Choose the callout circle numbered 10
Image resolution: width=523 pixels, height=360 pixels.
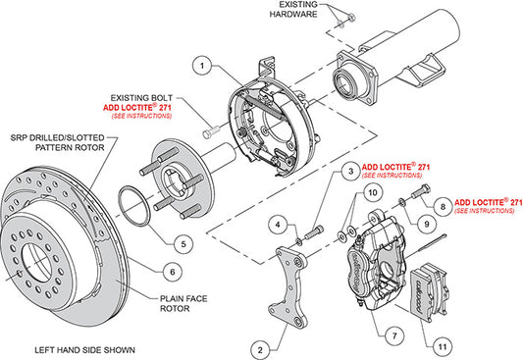(371, 194)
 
